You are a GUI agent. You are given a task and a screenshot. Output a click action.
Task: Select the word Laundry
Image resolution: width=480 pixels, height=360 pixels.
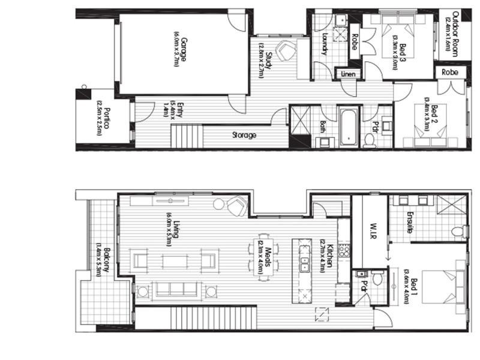coord(325,44)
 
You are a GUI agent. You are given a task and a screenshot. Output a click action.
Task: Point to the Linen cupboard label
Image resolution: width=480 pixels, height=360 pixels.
coord(349,74)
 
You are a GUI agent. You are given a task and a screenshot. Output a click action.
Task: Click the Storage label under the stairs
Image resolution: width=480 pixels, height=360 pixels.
coord(244,135)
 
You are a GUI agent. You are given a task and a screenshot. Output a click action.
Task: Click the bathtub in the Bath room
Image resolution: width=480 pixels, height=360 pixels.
coord(349,127)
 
